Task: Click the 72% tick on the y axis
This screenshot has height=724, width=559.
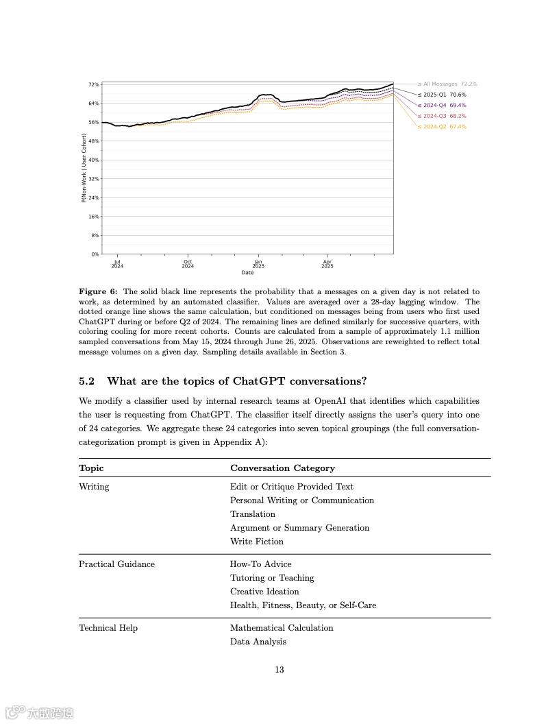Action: (94, 84)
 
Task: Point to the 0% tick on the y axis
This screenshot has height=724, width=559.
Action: (95, 254)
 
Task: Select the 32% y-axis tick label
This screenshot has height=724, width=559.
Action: (94, 178)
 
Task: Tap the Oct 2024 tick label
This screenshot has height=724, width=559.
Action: (188, 263)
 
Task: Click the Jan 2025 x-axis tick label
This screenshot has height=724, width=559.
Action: (258, 263)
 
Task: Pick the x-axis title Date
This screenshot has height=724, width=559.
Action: (247, 272)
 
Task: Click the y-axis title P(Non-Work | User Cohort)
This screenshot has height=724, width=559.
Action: (84, 169)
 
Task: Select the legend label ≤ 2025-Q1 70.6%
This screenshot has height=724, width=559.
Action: (442, 95)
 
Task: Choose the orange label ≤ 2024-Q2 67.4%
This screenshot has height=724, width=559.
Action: (442, 127)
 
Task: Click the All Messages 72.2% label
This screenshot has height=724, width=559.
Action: (447, 84)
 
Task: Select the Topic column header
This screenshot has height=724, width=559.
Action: (91, 468)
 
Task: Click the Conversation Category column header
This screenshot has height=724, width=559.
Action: (282, 468)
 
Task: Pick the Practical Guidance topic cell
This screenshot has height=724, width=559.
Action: (116, 564)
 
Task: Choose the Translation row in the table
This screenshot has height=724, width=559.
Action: (253, 514)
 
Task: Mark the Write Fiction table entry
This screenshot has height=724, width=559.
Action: (257, 542)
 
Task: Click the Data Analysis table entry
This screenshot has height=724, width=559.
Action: (258, 642)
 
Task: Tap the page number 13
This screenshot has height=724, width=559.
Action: (279, 670)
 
